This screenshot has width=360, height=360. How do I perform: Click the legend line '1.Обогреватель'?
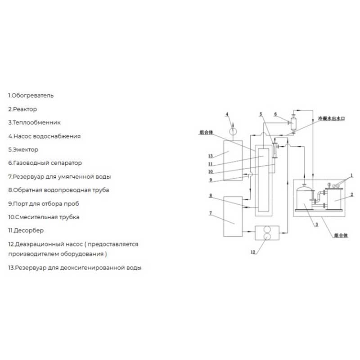tap(31, 95)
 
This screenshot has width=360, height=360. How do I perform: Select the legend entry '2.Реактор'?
tap(22, 109)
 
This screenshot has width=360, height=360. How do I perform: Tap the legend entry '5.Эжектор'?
tap(23, 150)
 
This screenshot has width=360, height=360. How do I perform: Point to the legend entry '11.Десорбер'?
tap(26, 230)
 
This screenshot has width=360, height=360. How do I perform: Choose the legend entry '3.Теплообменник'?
tap(35, 122)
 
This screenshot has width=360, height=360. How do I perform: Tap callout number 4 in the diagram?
tap(227, 114)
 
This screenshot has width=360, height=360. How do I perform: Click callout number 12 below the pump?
tap(253, 252)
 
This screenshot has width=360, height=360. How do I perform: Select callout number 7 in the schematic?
tap(211, 213)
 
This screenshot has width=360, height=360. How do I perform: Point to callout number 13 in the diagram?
tap(211, 156)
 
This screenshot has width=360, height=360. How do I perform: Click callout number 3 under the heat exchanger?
tap(317, 224)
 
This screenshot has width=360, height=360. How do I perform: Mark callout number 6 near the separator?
tap(275, 114)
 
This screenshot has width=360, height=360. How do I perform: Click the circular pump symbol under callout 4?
tap(233, 131)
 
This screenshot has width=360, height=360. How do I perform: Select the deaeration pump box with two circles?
tap(267, 233)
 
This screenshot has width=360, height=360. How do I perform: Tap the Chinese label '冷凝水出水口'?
tap(331, 118)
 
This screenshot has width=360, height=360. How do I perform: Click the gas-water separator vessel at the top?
tap(293, 124)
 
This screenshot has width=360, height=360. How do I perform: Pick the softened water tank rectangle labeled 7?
tap(233, 216)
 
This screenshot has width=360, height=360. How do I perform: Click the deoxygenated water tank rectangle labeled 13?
tap(233, 161)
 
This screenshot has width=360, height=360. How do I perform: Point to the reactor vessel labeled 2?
tap(334, 199)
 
